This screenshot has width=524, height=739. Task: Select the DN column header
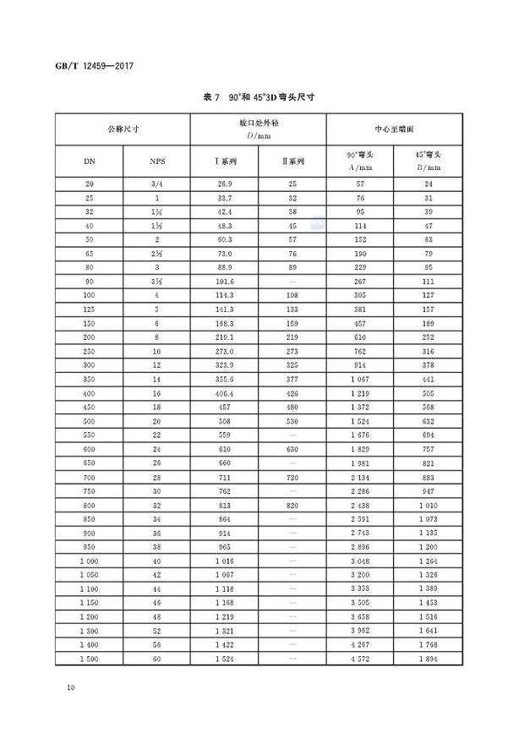tap(90, 161)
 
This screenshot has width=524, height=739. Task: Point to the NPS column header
tap(157, 161)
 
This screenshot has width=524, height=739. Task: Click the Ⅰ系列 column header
tap(225, 161)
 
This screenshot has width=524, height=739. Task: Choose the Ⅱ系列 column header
tap(293, 161)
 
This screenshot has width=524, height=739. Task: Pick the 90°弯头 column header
tap(360, 161)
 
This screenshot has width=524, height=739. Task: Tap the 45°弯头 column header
tap(428, 161)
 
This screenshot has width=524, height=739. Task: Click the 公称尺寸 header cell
tap(123, 129)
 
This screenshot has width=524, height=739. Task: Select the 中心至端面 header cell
tap(394, 129)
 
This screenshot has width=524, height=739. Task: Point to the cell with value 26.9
tap(225, 183)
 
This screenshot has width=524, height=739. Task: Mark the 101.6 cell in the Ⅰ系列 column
tap(225, 281)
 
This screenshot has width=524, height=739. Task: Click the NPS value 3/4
tap(157, 183)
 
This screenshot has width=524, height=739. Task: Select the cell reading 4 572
tap(360, 658)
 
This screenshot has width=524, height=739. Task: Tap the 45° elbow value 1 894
tap(428, 658)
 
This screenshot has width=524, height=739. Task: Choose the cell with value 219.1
tap(225, 336)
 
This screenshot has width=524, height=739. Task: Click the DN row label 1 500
tap(90, 658)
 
